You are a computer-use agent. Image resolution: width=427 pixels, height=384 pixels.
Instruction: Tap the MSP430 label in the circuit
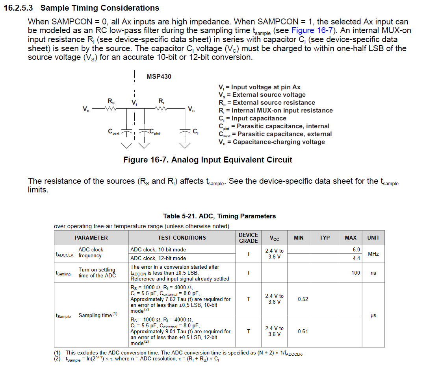(159, 76)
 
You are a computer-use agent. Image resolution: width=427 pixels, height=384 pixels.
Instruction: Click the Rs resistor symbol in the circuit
(111, 109)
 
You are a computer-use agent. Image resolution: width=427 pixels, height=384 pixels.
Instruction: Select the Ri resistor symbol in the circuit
(162, 109)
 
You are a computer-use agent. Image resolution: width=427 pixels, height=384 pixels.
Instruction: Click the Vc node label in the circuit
(191, 109)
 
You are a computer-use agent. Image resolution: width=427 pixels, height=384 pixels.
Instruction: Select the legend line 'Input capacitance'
(252, 118)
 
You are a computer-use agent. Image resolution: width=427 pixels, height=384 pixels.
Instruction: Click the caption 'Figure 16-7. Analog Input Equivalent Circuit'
(208, 160)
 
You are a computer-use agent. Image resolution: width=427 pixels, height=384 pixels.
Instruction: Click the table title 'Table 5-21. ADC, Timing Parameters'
(219, 216)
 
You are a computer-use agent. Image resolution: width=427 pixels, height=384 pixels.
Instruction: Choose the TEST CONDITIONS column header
(182, 238)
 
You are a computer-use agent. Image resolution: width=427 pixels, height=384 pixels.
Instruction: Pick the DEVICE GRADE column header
(249, 238)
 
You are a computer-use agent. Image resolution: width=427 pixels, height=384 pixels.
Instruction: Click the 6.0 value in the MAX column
(356, 250)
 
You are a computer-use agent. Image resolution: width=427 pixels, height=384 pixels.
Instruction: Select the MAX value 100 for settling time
(355, 273)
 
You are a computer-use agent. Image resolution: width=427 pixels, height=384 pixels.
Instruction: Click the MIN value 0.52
(303, 299)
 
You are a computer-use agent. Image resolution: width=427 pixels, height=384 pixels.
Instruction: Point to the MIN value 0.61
(303, 332)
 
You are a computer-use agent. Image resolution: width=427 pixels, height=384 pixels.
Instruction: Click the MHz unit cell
(373, 254)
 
